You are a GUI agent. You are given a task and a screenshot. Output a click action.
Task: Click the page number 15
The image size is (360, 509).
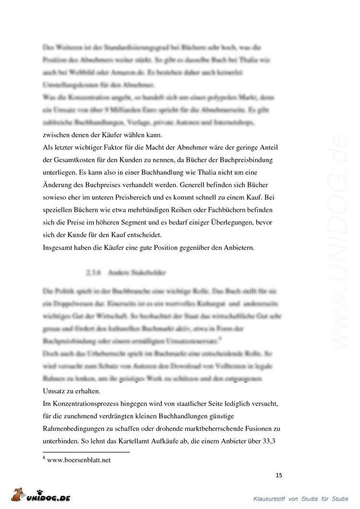pyautogui.click(x=279, y=475)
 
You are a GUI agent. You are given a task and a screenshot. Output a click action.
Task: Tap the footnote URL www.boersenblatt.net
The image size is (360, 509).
pyautogui.click(x=79, y=460)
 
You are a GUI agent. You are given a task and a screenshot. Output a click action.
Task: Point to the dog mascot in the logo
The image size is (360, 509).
pyautogui.click(x=17, y=495)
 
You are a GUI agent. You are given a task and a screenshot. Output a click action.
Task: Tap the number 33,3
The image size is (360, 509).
pyautogui.click(x=272, y=441)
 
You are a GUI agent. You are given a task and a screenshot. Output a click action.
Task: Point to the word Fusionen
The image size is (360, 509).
pyautogui.click(x=255, y=428)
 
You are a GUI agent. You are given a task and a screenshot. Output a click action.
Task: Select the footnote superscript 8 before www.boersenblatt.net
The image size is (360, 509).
pyautogui.click(x=44, y=458)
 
